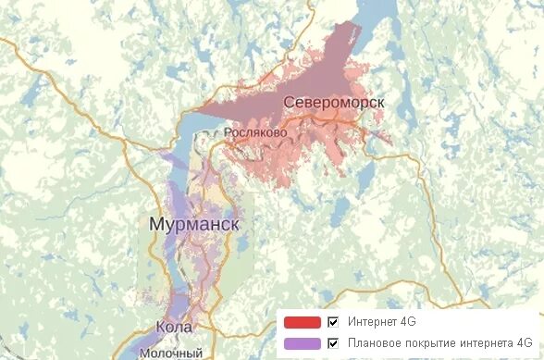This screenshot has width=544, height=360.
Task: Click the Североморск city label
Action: click(x=334, y=101)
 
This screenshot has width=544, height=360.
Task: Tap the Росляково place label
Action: click(x=256, y=133)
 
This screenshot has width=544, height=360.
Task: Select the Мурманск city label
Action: click(x=194, y=225)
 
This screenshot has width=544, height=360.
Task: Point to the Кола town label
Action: click(x=175, y=328)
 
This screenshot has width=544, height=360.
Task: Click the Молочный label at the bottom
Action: click(x=171, y=353)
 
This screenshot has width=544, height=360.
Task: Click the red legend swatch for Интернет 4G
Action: click(x=302, y=322)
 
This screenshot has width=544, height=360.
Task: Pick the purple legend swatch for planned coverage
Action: click(x=302, y=342)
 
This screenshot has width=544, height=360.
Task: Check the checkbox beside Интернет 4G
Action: click(x=334, y=322)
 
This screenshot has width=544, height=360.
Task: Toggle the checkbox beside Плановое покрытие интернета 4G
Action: click(x=334, y=342)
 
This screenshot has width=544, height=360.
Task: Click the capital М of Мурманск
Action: click(x=156, y=225)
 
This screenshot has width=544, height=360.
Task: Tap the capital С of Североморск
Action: click(x=290, y=101)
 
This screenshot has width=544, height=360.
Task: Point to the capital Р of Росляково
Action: click(x=229, y=133)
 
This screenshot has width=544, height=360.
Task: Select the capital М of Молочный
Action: click(x=145, y=353)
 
